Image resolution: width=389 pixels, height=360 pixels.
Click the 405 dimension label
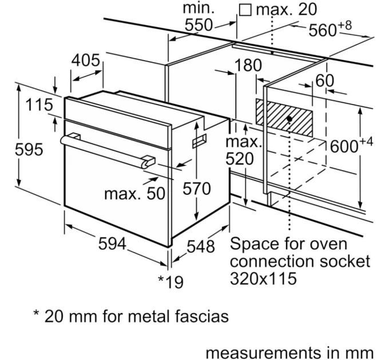coord(86,60)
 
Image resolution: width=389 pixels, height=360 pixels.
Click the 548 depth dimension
coord(201,246)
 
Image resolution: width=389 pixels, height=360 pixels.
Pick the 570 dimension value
coord(196,189)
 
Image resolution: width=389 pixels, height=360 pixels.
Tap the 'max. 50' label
coord(134,193)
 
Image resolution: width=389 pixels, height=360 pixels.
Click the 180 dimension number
coord(248,66)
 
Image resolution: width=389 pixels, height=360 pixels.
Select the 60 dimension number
coord(324,81)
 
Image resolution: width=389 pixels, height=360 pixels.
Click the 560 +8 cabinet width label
coord(330,30)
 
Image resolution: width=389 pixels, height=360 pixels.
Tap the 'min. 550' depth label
coord(198,17)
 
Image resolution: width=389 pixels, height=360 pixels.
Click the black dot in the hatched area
coord(291,119)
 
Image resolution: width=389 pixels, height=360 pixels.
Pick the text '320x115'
coord(263,279)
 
